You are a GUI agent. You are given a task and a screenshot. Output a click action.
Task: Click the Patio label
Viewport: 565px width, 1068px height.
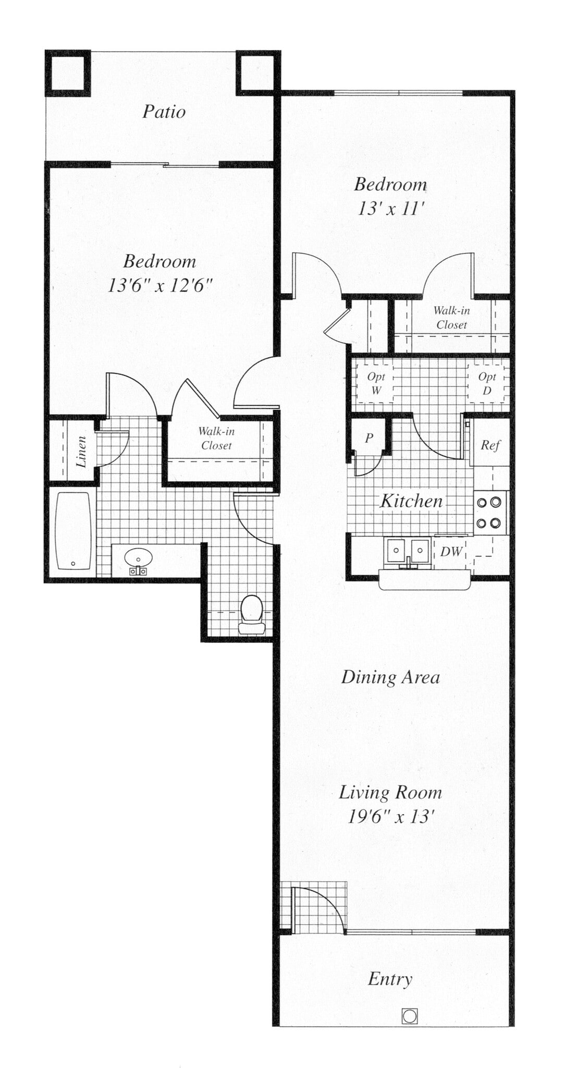pyautogui.click(x=164, y=112)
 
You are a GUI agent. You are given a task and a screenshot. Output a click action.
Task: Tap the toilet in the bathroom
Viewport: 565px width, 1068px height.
pyautogui.click(x=252, y=614)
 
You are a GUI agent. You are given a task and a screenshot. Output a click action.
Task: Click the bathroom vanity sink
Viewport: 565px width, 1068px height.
pyautogui.click(x=138, y=559)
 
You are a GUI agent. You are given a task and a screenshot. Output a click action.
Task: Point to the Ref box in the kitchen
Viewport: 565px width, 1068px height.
pyautogui.click(x=490, y=445)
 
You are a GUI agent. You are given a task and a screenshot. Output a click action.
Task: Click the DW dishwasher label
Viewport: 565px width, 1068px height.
pyautogui.click(x=451, y=551)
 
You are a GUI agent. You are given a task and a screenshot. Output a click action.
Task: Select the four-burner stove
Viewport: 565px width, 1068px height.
pyautogui.click(x=489, y=512)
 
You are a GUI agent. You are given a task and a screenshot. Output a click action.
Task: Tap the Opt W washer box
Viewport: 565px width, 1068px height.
pyautogui.click(x=375, y=383)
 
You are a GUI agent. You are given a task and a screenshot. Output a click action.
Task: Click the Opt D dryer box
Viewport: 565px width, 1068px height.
pyautogui.click(x=487, y=383)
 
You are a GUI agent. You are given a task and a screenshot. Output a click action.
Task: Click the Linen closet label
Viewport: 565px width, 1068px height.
pyautogui.click(x=81, y=451)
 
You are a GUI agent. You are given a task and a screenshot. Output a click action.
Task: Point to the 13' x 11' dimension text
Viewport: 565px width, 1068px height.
pyautogui.click(x=391, y=209)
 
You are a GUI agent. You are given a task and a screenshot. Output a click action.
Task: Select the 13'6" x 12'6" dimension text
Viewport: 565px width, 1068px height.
pyautogui.click(x=160, y=286)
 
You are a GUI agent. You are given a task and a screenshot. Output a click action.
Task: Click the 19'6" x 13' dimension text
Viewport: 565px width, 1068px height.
pyautogui.click(x=391, y=816)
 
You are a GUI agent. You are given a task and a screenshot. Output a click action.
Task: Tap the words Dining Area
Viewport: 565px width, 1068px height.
pyautogui.click(x=390, y=677)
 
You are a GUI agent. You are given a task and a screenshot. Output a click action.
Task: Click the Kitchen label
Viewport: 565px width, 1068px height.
pyautogui.click(x=411, y=501)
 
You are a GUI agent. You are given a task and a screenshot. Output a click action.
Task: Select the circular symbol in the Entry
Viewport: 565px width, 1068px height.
pyautogui.click(x=410, y=1016)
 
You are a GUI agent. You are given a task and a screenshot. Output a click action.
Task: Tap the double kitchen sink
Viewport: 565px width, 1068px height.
pyautogui.click(x=407, y=550)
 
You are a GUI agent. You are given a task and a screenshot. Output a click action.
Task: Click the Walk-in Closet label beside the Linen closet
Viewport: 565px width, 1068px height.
pyautogui.click(x=216, y=438)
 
